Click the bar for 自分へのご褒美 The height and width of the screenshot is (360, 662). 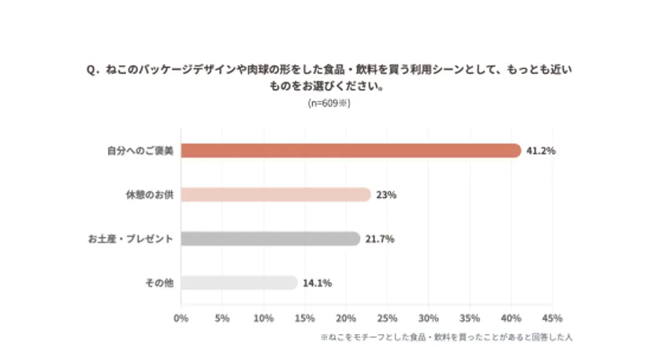point(351,150)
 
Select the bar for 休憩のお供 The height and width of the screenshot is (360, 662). point(275,195)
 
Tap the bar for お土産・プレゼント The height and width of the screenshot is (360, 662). point(270,239)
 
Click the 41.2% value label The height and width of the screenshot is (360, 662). point(541,150)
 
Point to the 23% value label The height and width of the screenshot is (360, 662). point(386,195)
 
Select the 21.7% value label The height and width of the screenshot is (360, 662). point(380,239)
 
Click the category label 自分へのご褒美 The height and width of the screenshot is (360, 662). point(140,150)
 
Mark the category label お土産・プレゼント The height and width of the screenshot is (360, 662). point(131,239)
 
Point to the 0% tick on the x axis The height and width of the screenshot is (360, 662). point(180,318)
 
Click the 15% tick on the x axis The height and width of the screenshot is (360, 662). point(304,318)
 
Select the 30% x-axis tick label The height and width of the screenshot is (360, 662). point(428,318)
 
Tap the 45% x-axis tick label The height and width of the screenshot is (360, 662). point(552,318)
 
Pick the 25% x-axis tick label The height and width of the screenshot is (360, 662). point(387,318)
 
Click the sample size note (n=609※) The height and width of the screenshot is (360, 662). point(329,103)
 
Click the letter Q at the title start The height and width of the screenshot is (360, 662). point(91,70)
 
